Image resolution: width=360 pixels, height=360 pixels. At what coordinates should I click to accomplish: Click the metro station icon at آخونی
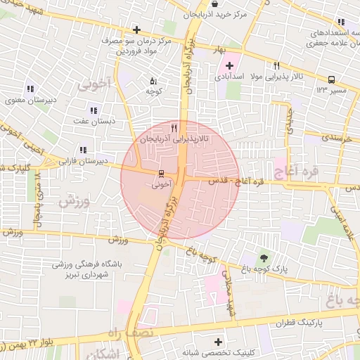[160, 173]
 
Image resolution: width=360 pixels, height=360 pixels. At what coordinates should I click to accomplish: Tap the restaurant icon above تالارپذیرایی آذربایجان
[174, 129]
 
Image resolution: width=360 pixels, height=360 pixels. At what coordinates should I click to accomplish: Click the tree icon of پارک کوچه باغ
[264, 257]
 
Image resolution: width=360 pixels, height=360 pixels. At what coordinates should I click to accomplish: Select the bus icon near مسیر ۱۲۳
[330, 79]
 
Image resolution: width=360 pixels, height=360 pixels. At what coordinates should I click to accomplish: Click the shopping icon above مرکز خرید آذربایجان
[204, 4]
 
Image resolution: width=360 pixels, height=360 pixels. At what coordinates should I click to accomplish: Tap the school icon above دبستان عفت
[93, 110]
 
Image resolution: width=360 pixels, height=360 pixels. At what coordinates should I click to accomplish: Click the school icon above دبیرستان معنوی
[30, 89]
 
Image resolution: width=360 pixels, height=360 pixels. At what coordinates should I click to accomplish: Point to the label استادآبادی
[226, 75]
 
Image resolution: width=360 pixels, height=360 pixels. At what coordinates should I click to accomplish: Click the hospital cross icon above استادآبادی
[229, 65]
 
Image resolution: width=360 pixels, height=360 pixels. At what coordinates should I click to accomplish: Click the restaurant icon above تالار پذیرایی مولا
[277, 65]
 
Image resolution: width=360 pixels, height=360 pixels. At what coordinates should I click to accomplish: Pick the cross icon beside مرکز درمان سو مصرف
[136, 30]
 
